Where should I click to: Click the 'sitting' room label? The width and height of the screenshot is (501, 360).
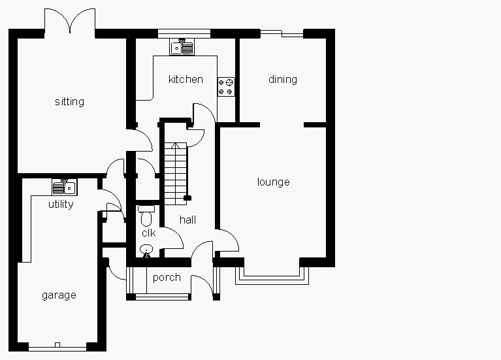(69, 102)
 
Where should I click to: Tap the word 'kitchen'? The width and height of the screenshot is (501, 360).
(186, 80)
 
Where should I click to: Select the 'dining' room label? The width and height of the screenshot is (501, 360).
(282, 80)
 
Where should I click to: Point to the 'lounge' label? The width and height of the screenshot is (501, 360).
(273, 182)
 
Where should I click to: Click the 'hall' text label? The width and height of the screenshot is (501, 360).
(187, 220)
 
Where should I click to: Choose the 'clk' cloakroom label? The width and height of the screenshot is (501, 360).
(148, 233)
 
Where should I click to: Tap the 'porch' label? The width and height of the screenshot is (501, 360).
(167, 278)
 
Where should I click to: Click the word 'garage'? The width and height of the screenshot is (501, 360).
(59, 295)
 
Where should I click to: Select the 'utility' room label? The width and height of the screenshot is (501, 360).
(61, 205)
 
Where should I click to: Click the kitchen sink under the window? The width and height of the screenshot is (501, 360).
(182, 47)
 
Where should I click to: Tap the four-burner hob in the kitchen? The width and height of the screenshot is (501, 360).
(227, 87)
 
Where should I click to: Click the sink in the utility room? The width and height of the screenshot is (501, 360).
(64, 188)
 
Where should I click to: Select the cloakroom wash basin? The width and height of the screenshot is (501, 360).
(146, 249)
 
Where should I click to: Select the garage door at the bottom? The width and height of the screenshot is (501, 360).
(57, 345)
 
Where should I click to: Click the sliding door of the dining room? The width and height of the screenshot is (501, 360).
(282, 33)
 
